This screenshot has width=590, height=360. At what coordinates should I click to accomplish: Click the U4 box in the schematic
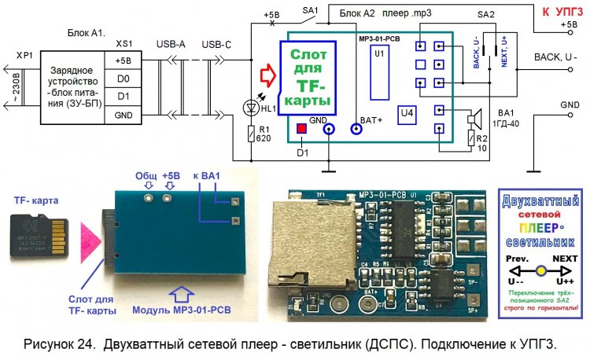[407, 116]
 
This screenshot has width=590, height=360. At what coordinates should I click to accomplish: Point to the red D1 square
[301, 129]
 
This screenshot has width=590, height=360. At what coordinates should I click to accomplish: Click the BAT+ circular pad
[356, 130]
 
